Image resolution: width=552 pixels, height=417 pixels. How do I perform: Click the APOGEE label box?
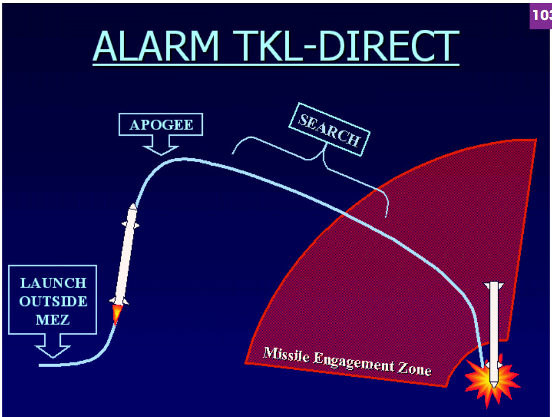coord(161,124)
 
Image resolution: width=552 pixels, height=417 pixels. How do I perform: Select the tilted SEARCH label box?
coord(329,129)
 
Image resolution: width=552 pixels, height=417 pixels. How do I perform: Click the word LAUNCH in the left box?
coord(53,283)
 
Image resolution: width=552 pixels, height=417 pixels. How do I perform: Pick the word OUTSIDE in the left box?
coord(53,301)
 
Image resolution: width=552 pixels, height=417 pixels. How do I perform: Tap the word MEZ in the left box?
coord(52,320)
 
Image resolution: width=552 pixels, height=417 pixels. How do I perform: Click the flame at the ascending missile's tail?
coord(116,314)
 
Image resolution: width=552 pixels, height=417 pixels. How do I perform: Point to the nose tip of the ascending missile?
coord(133,204)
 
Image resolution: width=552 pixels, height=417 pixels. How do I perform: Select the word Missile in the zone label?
coord(286,354)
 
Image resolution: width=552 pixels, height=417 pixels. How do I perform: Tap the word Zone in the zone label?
coord(415,368)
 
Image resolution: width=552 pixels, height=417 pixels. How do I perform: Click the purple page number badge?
coord(540,16)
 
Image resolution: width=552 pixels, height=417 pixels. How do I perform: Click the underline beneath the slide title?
coord(276,64)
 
